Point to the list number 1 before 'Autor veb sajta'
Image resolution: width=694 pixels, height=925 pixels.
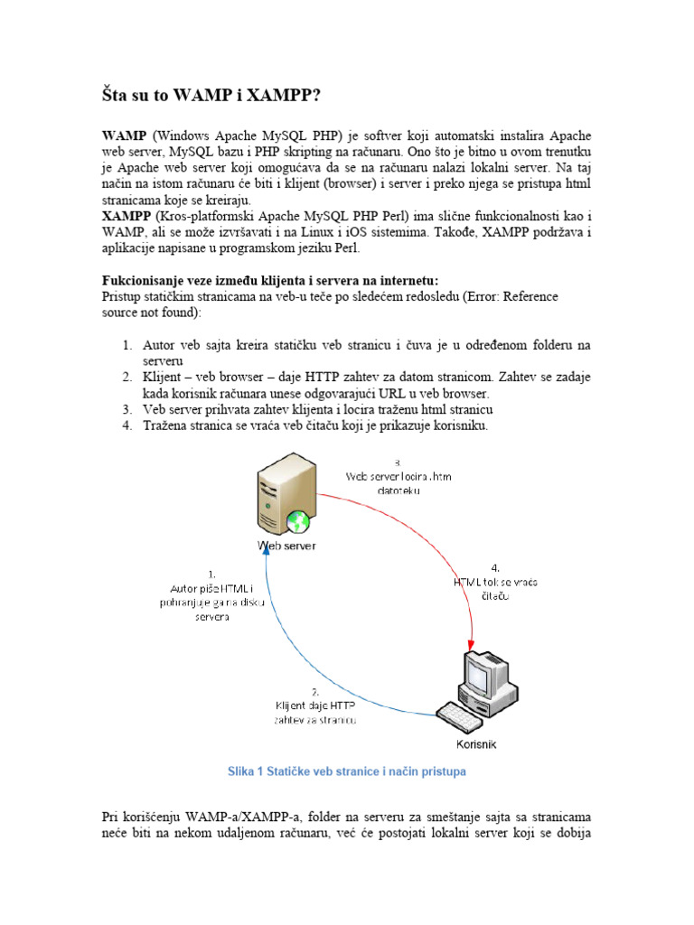(127, 345)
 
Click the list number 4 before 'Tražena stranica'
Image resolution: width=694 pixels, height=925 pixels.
(127, 426)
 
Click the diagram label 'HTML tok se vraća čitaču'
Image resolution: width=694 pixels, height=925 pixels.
(495, 583)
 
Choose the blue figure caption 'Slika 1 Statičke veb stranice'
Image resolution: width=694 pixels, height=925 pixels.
(346, 772)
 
